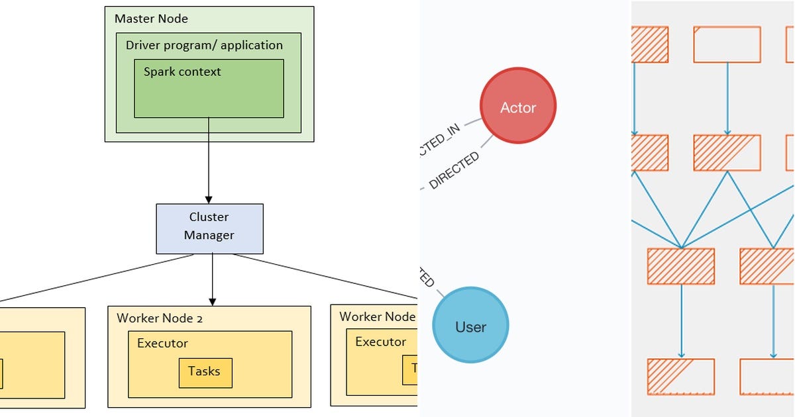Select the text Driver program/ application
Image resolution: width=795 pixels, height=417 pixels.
coord(204,45)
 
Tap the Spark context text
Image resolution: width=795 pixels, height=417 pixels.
coord(182,71)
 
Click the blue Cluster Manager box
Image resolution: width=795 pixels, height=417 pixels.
coord(209,228)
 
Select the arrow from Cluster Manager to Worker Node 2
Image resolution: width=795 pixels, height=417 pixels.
coord(213,278)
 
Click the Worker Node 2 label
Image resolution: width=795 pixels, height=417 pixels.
coord(160,318)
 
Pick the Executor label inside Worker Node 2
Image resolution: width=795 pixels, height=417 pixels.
coord(162,343)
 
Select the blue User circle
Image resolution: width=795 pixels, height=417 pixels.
coord(470,326)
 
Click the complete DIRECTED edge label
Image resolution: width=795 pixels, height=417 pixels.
coord(454,171)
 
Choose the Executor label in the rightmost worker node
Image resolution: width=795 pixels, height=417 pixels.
coord(380,342)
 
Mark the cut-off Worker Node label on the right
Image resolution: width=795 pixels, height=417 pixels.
coord(377,316)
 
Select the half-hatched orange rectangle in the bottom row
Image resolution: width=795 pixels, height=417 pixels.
coord(680,377)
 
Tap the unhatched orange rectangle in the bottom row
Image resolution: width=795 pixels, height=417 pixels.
coord(767,377)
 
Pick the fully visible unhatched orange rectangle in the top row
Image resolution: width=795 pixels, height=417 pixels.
coord(727,44)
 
